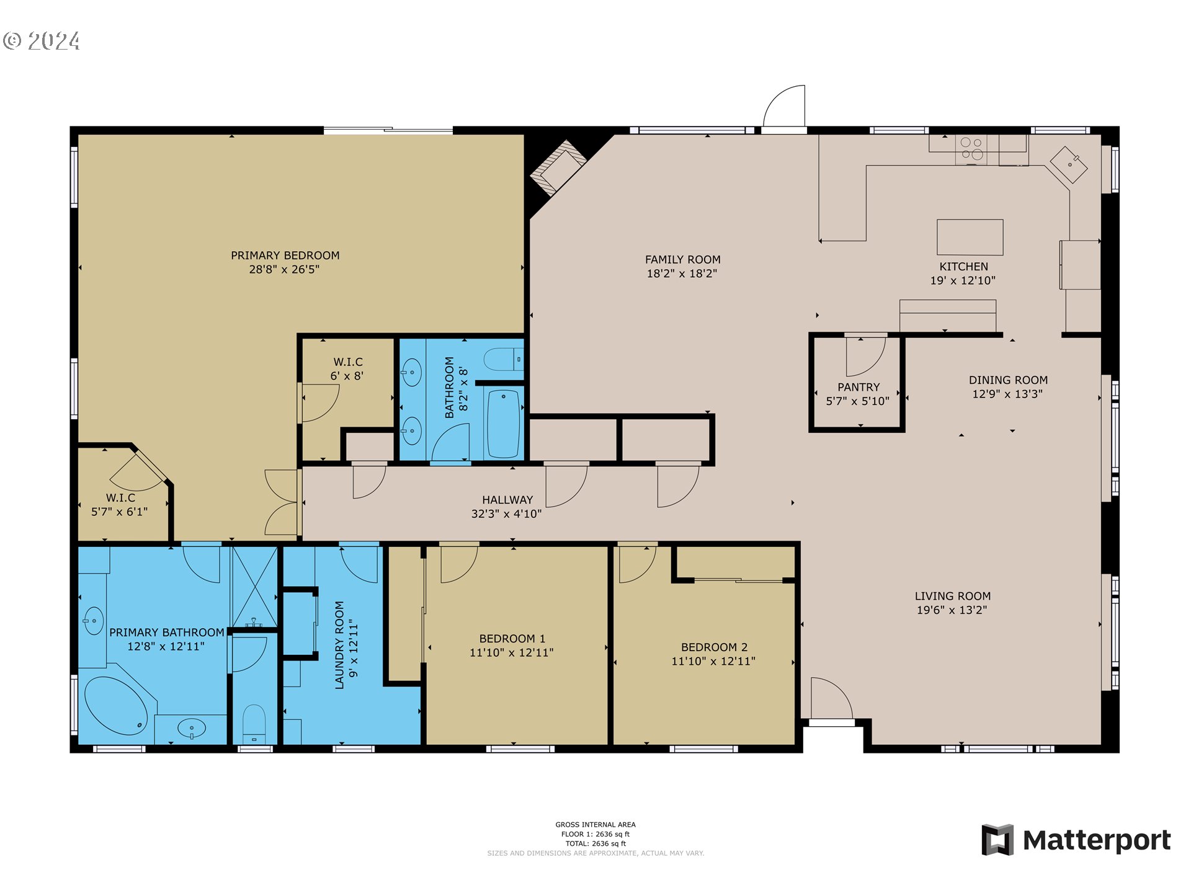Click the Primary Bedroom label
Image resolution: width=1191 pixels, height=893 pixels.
click(285, 255)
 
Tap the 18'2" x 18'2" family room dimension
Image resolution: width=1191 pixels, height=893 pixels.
click(682, 273)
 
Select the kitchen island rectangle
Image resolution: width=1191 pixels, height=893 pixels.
click(970, 237)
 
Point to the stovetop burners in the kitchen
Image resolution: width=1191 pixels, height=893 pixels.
click(971, 149)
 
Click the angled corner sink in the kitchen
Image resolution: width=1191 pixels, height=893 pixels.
click(1068, 164)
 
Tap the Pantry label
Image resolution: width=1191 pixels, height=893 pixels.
click(859, 387)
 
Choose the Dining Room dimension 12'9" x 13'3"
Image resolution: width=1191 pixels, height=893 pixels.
click(1007, 394)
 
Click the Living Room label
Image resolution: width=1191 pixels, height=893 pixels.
click(952, 596)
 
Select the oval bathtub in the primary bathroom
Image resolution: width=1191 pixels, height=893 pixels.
click(115, 706)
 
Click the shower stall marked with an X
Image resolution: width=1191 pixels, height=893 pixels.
click(254, 587)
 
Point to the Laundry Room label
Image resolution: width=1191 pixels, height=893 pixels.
click(339, 645)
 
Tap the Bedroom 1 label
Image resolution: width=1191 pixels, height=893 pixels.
click(512, 639)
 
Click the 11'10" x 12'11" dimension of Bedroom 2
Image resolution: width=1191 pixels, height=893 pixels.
click(713, 661)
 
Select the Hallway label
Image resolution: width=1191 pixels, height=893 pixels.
click(507, 500)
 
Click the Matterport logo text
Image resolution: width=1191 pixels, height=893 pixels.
click(1096, 840)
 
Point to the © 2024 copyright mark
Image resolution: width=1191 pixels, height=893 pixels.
click(41, 41)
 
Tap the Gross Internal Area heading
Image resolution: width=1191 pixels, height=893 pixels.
click(595, 825)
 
